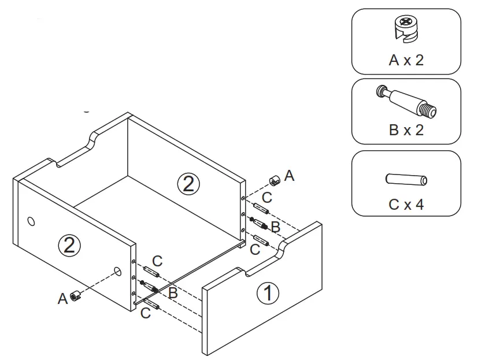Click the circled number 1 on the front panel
pyautogui.click(x=267, y=293)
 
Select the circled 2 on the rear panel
pyautogui.click(x=188, y=184)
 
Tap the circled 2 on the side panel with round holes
pyautogui.click(x=69, y=246)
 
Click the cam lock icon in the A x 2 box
pyautogui.click(x=405, y=29)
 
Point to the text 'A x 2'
pyautogui.click(x=406, y=60)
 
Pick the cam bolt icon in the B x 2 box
pyautogui.click(x=406, y=100)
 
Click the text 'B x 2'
pyautogui.click(x=406, y=130)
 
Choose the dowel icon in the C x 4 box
pyautogui.click(x=406, y=180)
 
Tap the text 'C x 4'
pyautogui.click(x=406, y=205)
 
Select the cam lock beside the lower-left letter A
pyautogui.click(x=75, y=296)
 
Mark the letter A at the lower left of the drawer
pyautogui.click(x=62, y=299)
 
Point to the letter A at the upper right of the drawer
pyautogui.click(x=290, y=176)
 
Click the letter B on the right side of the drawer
pyautogui.click(x=276, y=227)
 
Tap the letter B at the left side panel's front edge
pyautogui.click(x=172, y=294)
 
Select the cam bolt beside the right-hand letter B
pyautogui.click(x=260, y=223)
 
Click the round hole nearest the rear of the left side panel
pyautogui.click(x=31, y=221)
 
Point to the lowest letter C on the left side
pyautogui.click(x=146, y=313)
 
